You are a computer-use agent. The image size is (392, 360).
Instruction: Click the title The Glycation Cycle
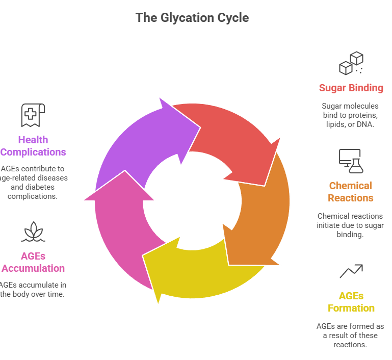[192, 18]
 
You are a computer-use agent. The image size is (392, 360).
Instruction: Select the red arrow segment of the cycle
[229, 138]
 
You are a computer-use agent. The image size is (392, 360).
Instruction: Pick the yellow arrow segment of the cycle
[199, 270]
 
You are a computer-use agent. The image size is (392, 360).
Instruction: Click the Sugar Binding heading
[351, 88]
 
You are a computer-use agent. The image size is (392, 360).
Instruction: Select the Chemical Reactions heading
[351, 192]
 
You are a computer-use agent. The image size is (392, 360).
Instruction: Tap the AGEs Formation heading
[351, 302]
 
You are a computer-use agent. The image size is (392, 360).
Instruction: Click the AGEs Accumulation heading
[34, 262]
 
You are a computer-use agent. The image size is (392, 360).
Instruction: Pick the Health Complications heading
[33, 146]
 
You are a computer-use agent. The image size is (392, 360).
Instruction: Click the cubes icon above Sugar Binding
[351, 63]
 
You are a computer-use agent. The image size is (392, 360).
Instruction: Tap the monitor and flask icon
[351, 161]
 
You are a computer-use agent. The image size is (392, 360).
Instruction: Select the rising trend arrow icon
[351, 271]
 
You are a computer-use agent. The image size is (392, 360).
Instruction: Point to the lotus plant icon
[33, 232]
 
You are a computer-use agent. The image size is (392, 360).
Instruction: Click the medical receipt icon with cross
[33, 115]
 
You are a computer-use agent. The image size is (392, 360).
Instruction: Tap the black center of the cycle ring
[192, 201]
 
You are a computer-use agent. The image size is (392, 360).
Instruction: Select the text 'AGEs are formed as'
[350, 326]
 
